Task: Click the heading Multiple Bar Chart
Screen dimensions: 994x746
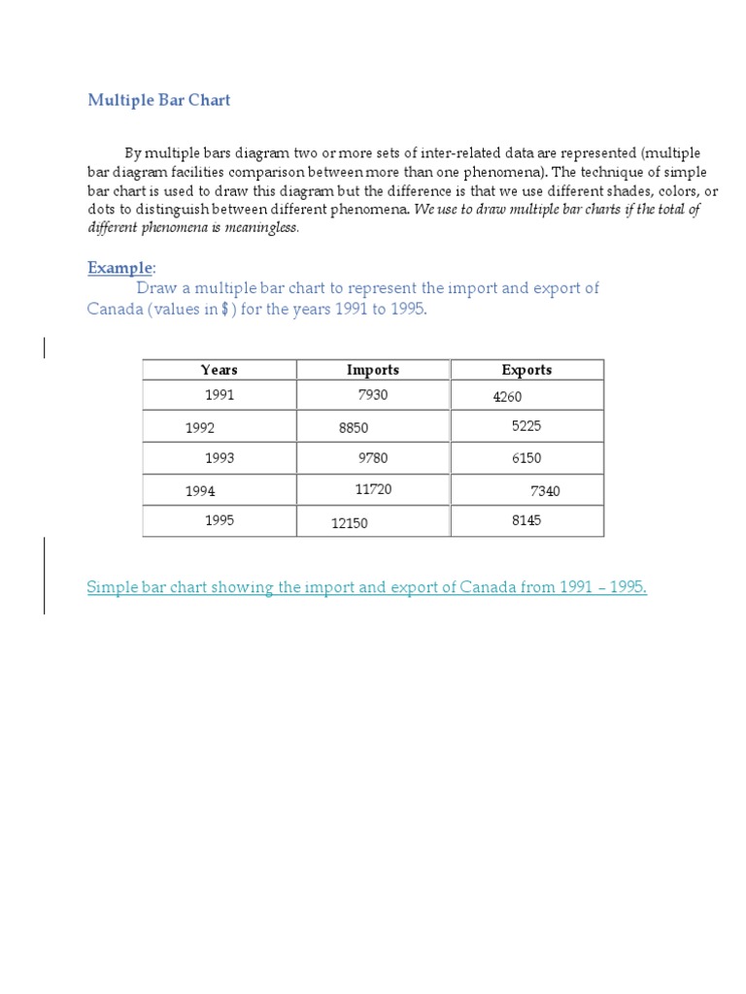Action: pos(159,100)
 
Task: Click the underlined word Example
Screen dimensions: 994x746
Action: pos(120,268)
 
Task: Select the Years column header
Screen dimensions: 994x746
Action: pos(220,370)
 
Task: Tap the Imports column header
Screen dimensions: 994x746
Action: pos(373,370)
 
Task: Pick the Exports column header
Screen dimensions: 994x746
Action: pos(526,370)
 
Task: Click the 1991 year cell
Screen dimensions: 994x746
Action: pos(220,395)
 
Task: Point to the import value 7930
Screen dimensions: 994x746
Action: pos(373,395)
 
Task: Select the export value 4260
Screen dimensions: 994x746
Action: pos(508,397)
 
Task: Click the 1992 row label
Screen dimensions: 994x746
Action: pos(200,428)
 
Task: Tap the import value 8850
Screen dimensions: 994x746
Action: pos(354,428)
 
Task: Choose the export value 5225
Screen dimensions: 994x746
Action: pos(526,426)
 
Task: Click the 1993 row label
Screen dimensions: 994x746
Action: pos(220,458)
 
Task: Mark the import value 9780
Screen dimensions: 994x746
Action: pos(373,458)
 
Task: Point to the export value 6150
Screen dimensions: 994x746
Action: pos(526,458)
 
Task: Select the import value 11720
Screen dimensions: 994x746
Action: pos(374,489)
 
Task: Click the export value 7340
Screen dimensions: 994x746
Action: pos(545,491)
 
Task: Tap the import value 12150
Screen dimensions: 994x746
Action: pos(350,523)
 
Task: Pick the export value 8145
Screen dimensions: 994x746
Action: pos(526,520)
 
